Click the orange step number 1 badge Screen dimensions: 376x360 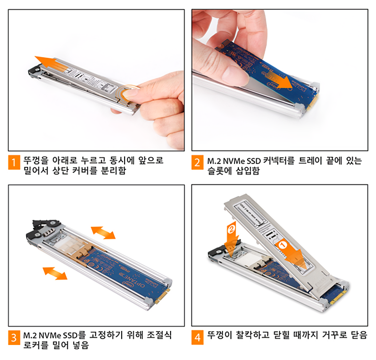click(14, 162)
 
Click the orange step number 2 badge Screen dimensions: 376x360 click(197, 162)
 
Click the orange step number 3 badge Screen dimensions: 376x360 click(14, 337)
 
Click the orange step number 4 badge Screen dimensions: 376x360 click(197, 337)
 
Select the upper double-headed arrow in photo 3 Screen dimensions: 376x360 click(103, 233)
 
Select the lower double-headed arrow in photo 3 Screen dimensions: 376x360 click(55, 274)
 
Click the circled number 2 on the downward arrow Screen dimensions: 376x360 click(231, 229)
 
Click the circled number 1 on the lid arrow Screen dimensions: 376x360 click(282, 245)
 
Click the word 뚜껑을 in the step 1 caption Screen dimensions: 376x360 click(36, 160)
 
